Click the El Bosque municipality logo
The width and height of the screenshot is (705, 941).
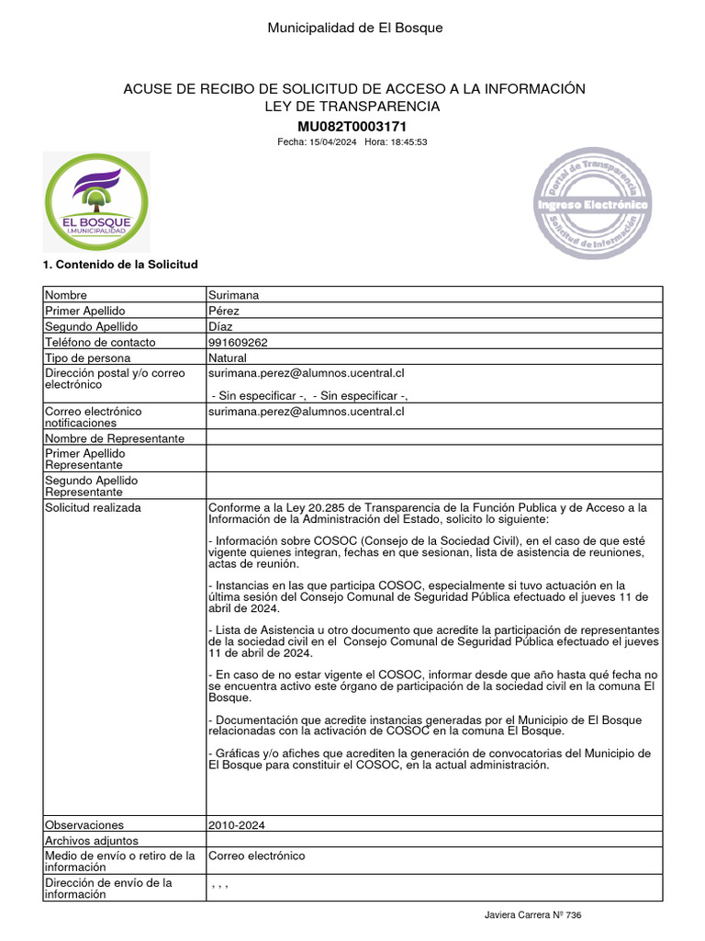(95, 204)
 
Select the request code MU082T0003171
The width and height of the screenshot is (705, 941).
(352, 126)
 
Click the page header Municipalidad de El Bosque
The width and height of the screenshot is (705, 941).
(354, 28)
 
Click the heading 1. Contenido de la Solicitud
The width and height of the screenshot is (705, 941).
(120, 265)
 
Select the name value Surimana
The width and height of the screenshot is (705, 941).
(234, 295)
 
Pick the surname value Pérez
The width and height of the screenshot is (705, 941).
(224, 311)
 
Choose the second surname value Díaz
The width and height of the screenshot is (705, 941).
(220, 326)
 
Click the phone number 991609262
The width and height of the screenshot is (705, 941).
(239, 342)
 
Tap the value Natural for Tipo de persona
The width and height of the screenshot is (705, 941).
(228, 357)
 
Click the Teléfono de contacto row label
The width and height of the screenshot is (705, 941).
(100, 342)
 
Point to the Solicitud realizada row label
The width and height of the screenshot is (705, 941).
(93, 507)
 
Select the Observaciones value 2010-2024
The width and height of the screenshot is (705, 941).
(238, 825)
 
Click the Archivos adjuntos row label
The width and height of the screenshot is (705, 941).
(92, 840)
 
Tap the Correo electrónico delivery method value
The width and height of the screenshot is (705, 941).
(257, 856)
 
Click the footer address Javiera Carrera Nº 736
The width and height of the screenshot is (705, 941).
(533, 915)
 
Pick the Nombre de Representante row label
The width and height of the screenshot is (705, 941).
(115, 438)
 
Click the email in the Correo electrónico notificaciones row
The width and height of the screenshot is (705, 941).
(307, 412)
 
